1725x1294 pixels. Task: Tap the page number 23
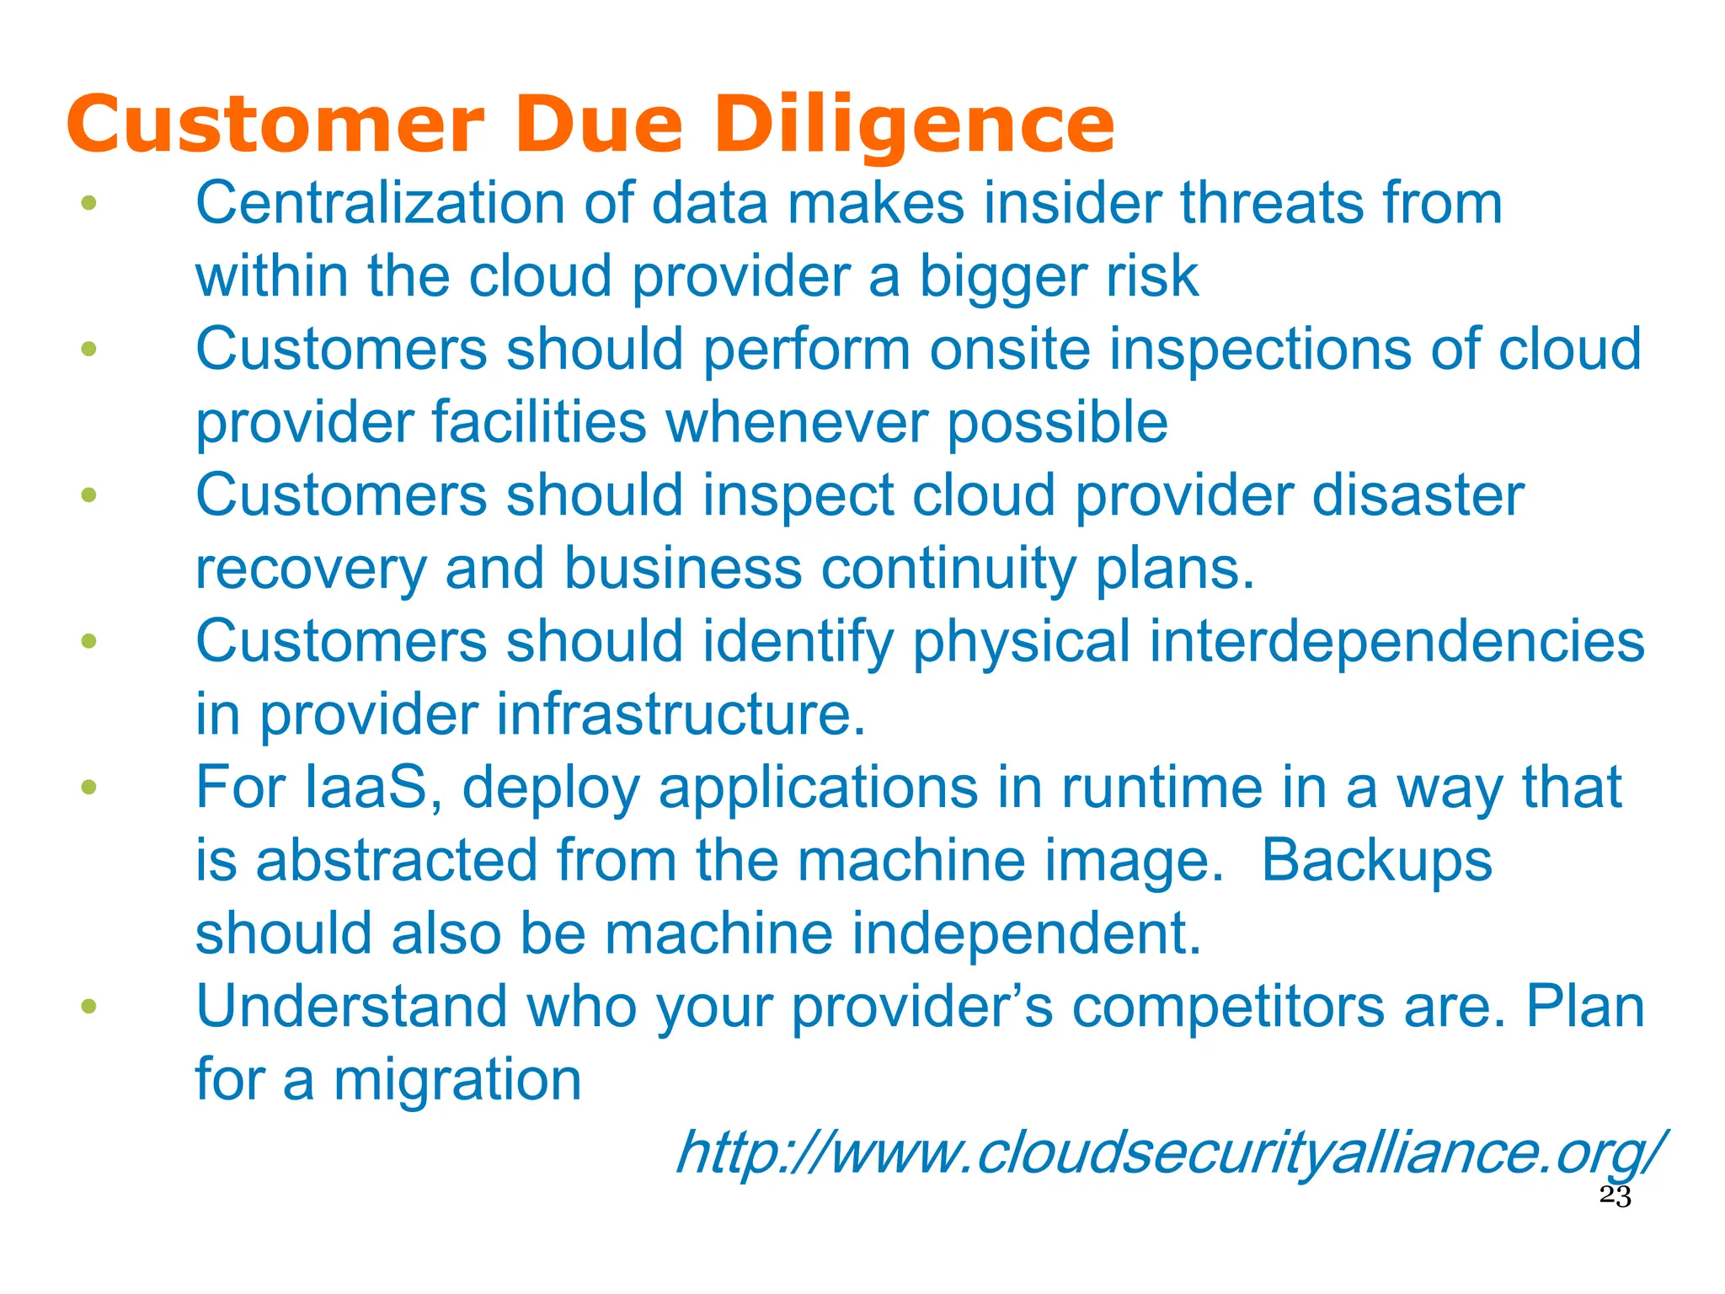tap(1615, 1196)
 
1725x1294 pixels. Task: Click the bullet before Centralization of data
tap(89, 203)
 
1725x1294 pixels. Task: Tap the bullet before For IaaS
tap(89, 788)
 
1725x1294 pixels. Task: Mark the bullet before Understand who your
tap(89, 1007)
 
